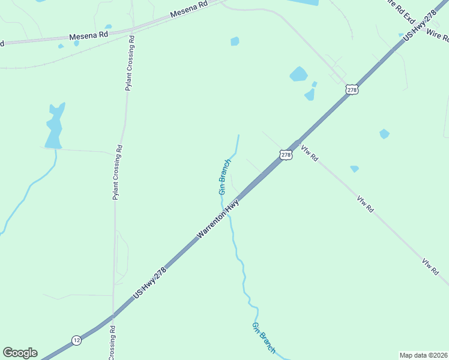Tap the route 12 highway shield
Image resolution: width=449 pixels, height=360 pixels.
76,340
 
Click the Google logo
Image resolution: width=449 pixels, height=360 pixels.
20,353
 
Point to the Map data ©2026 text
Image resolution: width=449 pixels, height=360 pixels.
423,355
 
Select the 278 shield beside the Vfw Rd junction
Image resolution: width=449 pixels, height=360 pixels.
286,155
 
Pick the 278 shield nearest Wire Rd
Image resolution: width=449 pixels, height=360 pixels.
352,89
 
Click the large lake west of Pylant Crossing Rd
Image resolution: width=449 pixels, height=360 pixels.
54,127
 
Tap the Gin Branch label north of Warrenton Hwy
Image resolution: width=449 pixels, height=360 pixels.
224,176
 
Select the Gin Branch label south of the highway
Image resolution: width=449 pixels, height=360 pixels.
264,338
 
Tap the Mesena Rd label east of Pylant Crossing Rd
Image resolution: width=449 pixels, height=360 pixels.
188,11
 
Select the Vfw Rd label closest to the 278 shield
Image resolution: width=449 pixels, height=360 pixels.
310,152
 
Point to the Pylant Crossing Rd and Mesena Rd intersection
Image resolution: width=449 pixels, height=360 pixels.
131,30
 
